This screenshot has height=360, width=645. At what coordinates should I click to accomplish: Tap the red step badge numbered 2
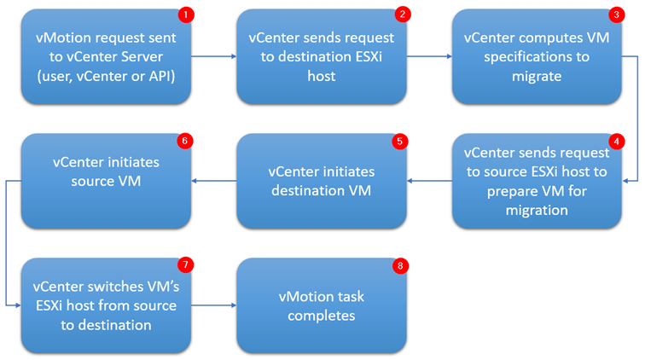401,16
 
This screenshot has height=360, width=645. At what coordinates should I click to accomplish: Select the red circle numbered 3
616,16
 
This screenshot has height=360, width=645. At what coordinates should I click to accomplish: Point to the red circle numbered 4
616,141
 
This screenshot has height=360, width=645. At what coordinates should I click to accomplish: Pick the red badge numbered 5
401,141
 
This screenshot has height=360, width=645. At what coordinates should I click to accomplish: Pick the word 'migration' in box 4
536,210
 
